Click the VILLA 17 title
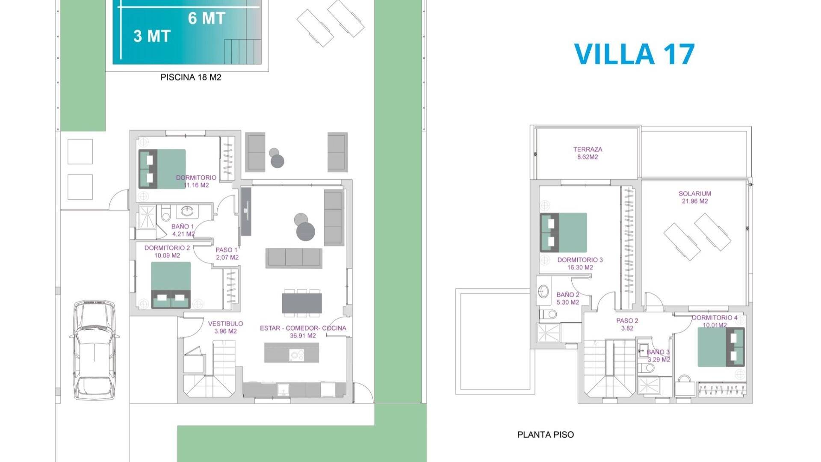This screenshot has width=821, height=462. point(634,54)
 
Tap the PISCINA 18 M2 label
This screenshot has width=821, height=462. point(191,77)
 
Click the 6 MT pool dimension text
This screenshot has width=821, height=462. point(207,18)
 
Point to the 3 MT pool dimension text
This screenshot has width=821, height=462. point(152,36)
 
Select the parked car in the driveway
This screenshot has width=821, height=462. point(94,350)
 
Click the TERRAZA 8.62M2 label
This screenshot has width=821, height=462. point(588,153)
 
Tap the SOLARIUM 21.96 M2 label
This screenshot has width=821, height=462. point(695,197)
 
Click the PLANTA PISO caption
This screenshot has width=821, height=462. point(546,435)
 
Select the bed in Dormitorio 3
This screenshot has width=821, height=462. point(564,232)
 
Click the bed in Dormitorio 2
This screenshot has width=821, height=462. point(171,285)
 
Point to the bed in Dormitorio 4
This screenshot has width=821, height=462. point(721,347)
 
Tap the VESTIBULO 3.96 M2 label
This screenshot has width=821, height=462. point(225,327)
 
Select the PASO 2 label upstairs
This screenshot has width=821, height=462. point(627,325)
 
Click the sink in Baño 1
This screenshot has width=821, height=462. point(187,211)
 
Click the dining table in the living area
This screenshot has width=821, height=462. point(302,302)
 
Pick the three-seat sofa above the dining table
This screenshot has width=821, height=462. point(294,258)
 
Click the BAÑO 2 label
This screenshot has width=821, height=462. point(568,299)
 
